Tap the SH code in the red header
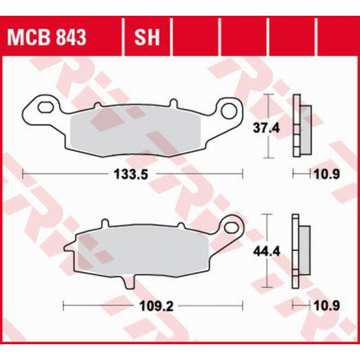146,37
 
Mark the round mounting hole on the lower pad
232,227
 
